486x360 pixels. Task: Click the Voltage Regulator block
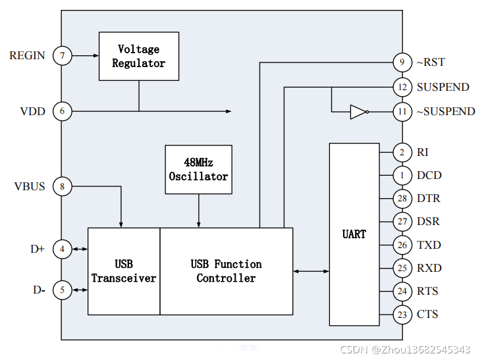(138, 56)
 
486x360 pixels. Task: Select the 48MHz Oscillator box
(198, 169)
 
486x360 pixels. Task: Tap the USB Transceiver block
(124, 271)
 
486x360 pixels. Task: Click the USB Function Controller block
(226, 271)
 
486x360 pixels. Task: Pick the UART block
(354, 234)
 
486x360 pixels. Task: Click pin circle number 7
(63, 56)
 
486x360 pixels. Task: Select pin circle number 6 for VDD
(63, 111)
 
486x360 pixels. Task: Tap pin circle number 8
(63, 187)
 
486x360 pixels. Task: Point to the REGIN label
(27, 56)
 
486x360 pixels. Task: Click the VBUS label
(30, 187)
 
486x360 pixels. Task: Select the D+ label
(37, 249)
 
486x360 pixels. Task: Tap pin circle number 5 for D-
(63, 290)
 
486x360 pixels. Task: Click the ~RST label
(431, 63)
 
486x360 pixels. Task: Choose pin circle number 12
(402, 87)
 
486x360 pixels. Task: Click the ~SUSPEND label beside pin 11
(445, 111)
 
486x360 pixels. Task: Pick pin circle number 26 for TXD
(402, 245)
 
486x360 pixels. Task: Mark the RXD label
(429, 268)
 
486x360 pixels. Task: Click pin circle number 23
(402, 314)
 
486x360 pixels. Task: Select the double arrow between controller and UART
(311, 271)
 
